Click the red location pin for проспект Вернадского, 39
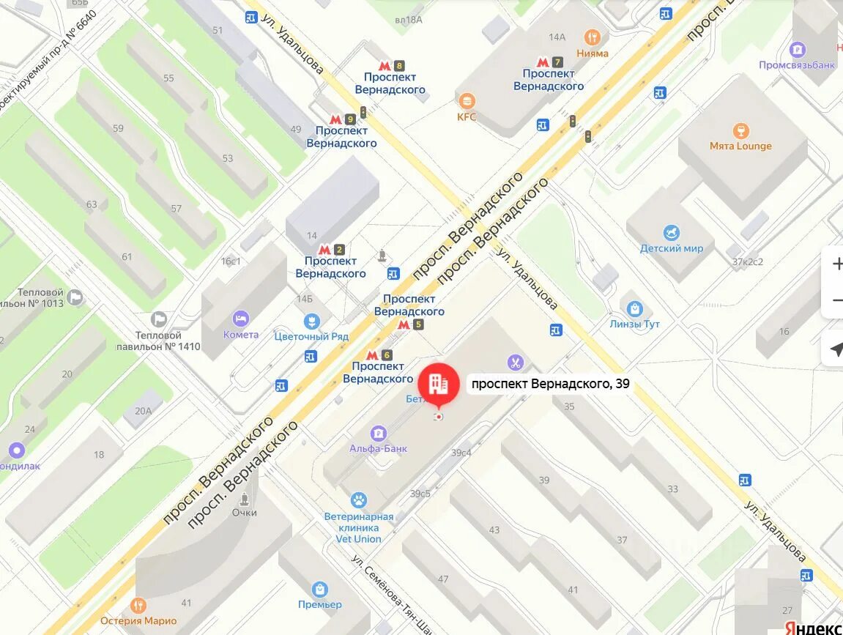pos(439,385)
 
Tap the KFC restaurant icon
pos(467,101)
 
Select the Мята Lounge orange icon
pos(740,130)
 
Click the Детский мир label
pos(671,248)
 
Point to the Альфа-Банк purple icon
pos(379,433)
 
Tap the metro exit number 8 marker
pos(390,65)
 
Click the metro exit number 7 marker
pos(549,62)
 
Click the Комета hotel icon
pos(241,319)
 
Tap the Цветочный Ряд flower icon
pos(311,321)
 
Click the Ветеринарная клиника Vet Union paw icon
pos(358,500)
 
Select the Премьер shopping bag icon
pos(319,589)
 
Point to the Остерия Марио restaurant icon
pos(138,606)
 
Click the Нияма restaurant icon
pos(593,37)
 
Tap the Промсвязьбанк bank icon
pos(798,50)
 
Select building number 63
pos(92,204)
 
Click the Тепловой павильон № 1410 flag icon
pos(158,319)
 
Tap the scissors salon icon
pos(516,362)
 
